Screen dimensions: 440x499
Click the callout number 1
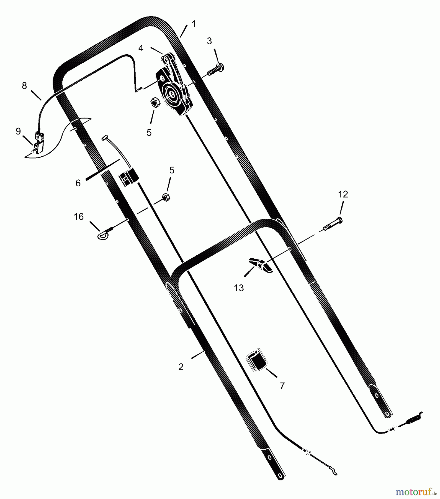[x=194, y=24]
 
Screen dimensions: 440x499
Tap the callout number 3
[x=209, y=41]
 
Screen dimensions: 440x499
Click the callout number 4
[x=141, y=48]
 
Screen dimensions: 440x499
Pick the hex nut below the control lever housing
[x=155, y=103]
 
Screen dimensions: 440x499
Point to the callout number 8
[x=24, y=86]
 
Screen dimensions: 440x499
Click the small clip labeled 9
[x=38, y=142]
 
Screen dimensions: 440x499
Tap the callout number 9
[x=18, y=131]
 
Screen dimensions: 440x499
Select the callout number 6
[x=78, y=183]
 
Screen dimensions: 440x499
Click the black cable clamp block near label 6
[x=128, y=177]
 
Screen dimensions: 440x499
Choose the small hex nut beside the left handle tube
[x=166, y=197]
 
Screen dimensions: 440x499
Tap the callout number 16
[x=79, y=217]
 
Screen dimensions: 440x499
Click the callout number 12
[x=343, y=194]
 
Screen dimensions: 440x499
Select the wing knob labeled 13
[x=260, y=265]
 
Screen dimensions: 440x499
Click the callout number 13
[x=239, y=288]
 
